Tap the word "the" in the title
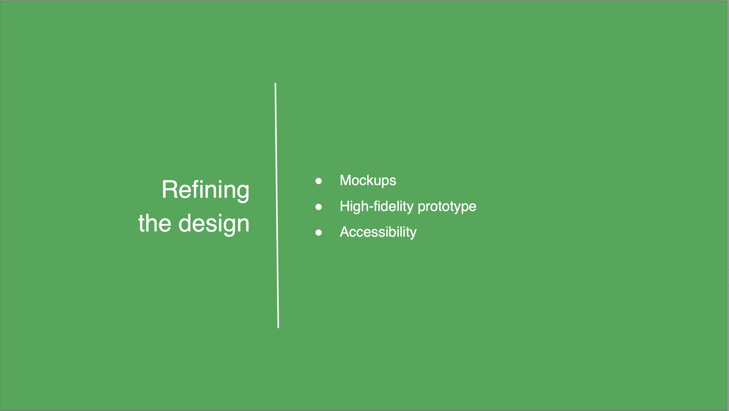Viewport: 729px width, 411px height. (x=154, y=223)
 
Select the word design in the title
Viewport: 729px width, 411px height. (x=214, y=225)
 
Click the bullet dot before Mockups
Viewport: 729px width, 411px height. (x=318, y=181)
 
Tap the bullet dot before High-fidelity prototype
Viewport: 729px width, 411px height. (x=318, y=207)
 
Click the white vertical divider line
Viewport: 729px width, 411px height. (x=277, y=205)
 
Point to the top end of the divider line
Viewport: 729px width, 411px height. (x=275, y=83)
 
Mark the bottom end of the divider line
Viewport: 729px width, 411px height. (x=278, y=328)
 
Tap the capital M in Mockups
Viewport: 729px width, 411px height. (x=345, y=180)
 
